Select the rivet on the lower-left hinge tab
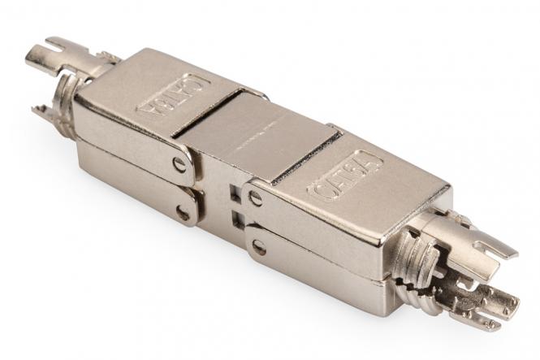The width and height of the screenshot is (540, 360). [184, 214]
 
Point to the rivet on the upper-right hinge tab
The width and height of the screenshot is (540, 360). [256, 197]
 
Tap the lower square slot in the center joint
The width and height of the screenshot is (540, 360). [235, 218]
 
